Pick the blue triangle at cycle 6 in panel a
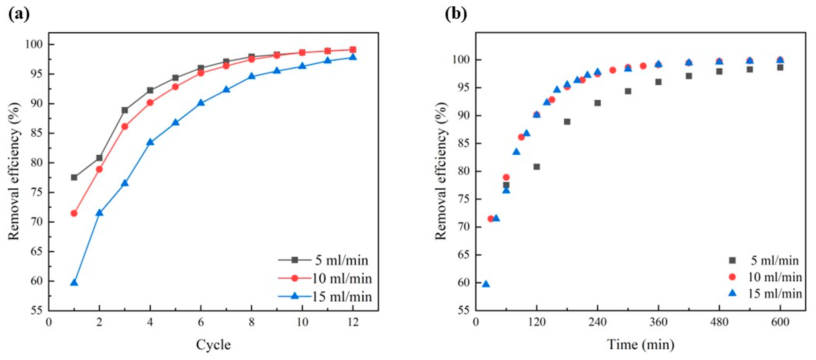tap(201, 103)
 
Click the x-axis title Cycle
tap(213, 345)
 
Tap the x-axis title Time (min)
tap(641, 345)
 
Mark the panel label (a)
tap(19, 14)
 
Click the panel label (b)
tap(456, 14)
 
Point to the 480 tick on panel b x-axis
tap(719, 322)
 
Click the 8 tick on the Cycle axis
tap(252, 322)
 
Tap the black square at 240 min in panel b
tap(597, 103)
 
